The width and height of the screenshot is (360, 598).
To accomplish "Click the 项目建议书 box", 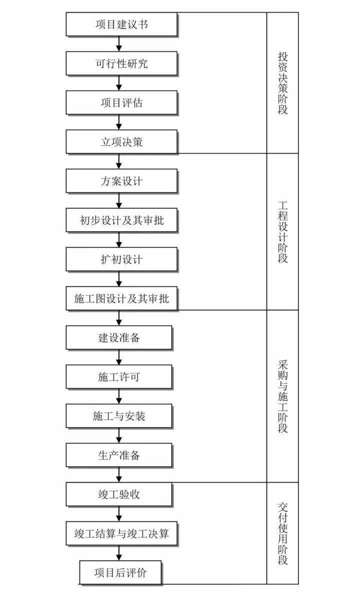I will point(121,24).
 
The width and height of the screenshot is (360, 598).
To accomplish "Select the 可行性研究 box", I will point(121,64).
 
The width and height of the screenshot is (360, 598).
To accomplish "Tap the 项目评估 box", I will point(121,103).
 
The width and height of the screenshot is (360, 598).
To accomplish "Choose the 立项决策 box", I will point(121,142).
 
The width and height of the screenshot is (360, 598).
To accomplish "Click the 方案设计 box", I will point(121,181).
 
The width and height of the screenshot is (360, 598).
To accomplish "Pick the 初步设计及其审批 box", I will point(121,220).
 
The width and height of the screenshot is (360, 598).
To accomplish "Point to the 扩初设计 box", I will point(121,259).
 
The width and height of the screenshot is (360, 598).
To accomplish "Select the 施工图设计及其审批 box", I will point(121,299).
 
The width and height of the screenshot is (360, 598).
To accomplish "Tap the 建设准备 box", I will point(118,338).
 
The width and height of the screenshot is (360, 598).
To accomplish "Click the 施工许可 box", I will point(118,377).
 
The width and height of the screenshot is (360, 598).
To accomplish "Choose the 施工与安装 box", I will point(118,416).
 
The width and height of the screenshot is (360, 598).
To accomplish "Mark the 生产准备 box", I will point(118,456).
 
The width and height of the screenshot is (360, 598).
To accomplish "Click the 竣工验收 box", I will point(118,495).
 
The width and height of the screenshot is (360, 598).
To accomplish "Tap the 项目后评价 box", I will point(120,573).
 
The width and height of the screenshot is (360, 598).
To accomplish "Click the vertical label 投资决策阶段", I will point(282,82).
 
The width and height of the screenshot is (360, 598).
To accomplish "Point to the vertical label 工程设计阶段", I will point(282,231).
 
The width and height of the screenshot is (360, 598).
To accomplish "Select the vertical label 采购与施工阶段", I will point(282,396).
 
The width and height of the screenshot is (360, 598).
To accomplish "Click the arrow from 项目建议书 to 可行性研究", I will point(119,44).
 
